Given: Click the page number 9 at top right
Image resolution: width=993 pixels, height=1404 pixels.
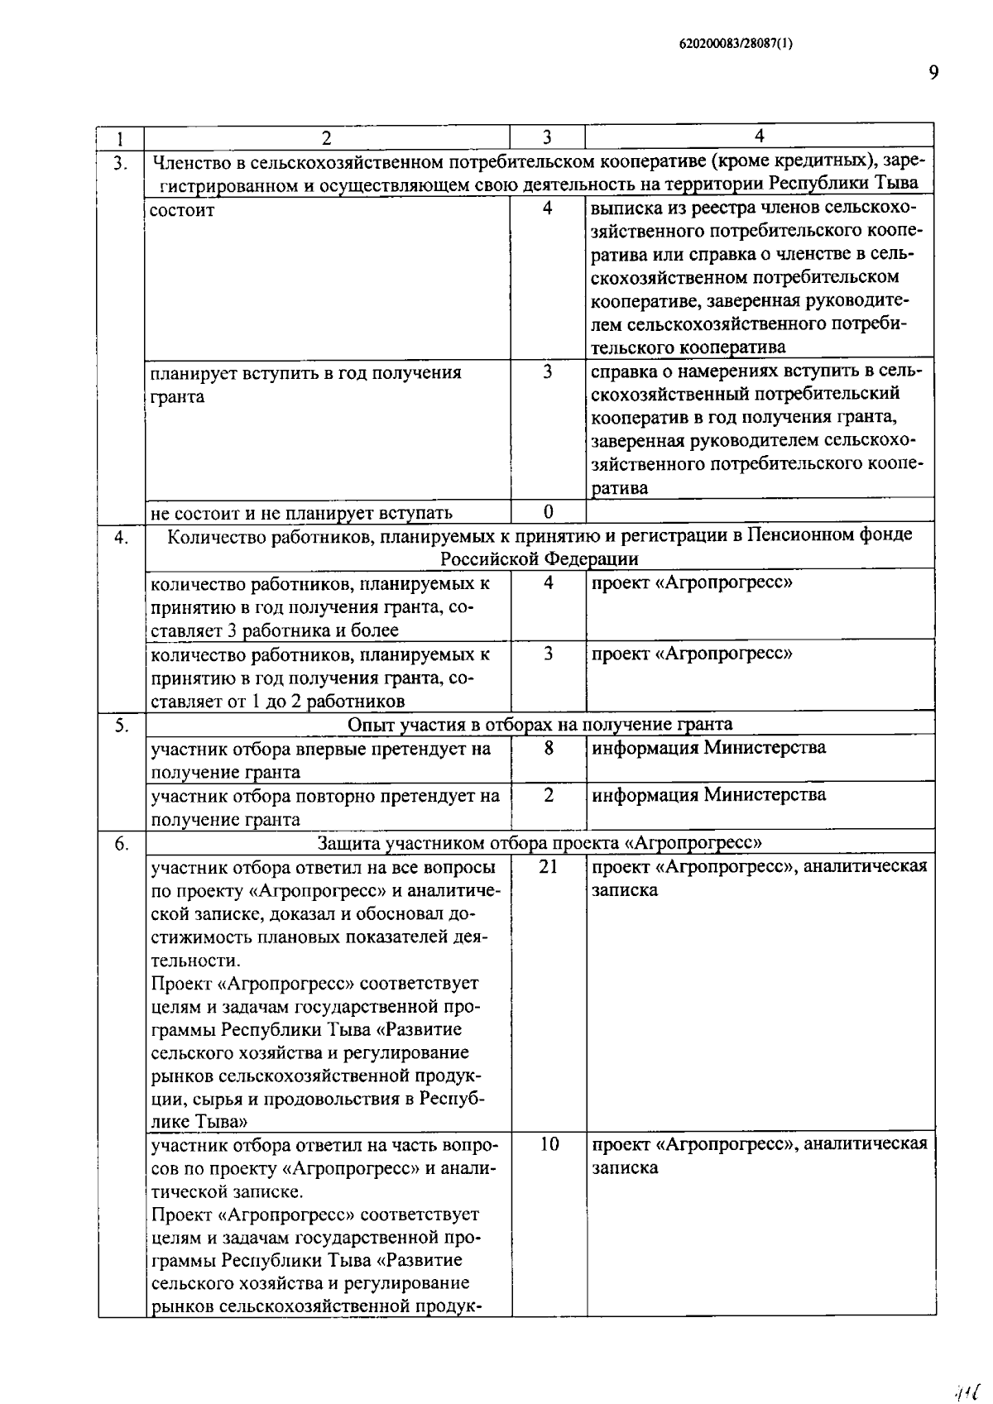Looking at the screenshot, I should pyautogui.click(x=933, y=74).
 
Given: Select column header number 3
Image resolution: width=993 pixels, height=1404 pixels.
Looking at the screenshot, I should pyautogui.click(x=547, y=137).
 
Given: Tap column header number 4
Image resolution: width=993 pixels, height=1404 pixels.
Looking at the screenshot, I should pyautogui.click(x=759, y=136).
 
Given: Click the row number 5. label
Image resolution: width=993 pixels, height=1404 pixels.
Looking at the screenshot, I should pyautogui.click(x=121, y=726).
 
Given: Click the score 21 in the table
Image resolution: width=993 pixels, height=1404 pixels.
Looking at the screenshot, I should pyautogui.click(x=548, y=866).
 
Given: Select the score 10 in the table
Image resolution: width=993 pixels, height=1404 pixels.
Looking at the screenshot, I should pyautogui.click(x=549, y=1144).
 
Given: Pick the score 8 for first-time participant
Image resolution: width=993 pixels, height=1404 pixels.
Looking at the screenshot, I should pyautogui.click(x=548, y=748).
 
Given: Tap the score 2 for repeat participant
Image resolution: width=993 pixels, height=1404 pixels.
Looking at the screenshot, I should pyautogui.click(x=548, y=795).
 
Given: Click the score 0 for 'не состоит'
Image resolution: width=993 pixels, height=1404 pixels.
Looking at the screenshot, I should pyautogui.click(x=548, y=511).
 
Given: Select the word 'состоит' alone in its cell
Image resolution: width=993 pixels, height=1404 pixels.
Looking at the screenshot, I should pyautogui.click(x=182, y=210).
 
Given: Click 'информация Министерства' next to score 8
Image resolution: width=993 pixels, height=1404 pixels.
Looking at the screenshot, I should pyautogui.click(x=708, y=748).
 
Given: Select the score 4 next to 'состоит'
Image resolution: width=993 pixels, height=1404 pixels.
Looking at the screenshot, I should pyautogui.click(x=548, y=208).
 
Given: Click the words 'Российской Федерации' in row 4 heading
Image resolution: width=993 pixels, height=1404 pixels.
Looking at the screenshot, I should pyautogui.click(x=539, y=558).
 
